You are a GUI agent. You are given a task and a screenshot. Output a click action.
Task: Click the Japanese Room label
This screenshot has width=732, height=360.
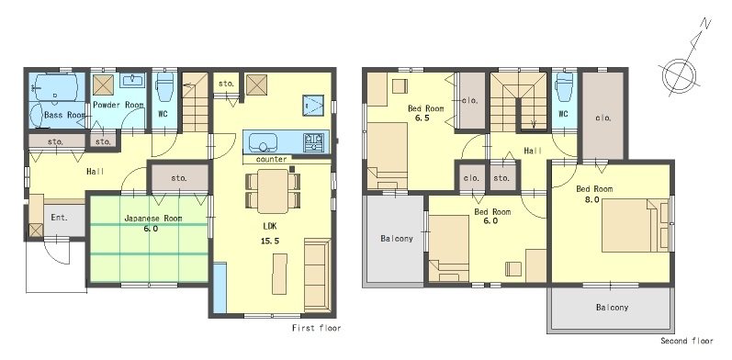[153, 218]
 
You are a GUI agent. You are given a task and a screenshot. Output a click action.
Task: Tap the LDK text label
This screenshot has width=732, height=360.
[270, 226]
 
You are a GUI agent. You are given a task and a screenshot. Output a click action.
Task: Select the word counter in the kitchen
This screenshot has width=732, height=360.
[271, 159]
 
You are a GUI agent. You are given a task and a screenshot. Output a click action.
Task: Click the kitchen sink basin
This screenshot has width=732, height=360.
[264, 142]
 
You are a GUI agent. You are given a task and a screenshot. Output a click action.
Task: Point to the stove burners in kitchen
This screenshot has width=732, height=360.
[314, 142]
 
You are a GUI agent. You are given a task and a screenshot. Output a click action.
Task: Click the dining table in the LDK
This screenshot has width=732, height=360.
[273, 191]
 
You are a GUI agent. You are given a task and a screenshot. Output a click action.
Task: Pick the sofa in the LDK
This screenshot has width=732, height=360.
[317, 275]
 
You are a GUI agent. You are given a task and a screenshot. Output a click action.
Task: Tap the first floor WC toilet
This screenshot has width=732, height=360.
[164, 88]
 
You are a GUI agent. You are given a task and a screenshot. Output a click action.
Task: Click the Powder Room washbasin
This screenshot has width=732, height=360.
[132, 80]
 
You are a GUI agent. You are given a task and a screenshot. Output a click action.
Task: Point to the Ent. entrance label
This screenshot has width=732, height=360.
[60, 218]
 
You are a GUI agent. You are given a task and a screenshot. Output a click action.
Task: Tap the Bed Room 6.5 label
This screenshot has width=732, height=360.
[426, 113]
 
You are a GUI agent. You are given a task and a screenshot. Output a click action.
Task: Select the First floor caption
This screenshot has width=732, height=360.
[317, 328]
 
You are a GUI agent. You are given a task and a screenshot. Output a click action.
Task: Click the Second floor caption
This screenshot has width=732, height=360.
[687, 341]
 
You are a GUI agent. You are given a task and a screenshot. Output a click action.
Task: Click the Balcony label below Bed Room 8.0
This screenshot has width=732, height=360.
[612, 308]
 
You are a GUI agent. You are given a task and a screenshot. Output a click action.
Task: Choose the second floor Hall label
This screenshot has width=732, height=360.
[533, 151]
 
